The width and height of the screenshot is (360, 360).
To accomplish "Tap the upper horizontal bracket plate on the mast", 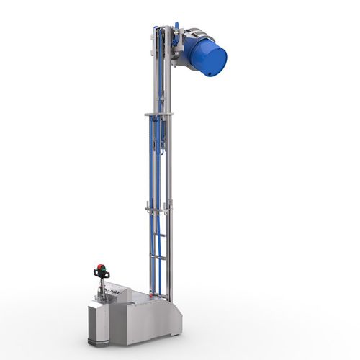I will pyautogui.click(x=159, y=113).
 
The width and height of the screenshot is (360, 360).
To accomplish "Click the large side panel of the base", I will pyautogui.click(x=148, y=320).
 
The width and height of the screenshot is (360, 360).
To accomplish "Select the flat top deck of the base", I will pyautogui.click(x=137, y=297).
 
